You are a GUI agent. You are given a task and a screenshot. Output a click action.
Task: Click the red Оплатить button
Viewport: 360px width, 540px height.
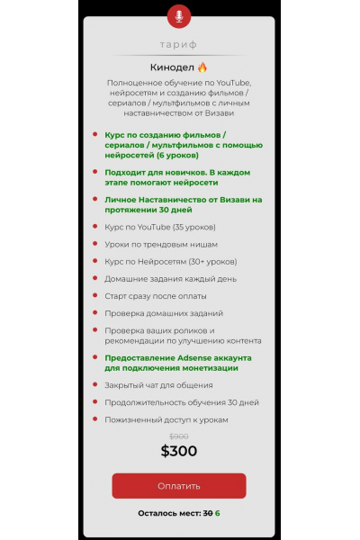coord(178,486)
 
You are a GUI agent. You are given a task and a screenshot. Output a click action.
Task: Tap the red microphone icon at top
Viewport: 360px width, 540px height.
coord(179,15)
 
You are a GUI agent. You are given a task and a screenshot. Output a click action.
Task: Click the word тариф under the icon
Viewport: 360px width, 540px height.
coord(178,44)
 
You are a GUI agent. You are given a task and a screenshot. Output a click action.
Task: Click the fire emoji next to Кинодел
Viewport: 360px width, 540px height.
coord(202,67)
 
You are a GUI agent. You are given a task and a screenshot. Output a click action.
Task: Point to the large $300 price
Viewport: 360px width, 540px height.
coord(178,451)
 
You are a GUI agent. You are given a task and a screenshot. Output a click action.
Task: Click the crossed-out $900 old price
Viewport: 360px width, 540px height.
coord(178,436)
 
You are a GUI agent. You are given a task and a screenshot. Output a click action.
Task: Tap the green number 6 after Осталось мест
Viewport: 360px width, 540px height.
coord(218,513)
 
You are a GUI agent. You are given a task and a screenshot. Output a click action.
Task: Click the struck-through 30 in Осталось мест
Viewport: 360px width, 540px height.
coord(207,513)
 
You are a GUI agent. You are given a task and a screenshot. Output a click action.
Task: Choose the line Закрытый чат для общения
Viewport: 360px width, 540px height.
coord(152,385)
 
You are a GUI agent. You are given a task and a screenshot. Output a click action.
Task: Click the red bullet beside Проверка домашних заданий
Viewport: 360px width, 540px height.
coord(94,313)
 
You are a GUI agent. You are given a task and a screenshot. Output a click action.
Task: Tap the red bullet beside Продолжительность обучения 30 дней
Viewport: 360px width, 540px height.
coord(94,402)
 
